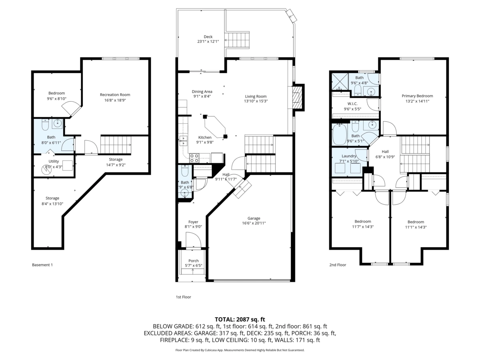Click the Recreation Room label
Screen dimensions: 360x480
[x=115, y=95]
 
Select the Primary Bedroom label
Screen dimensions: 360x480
[x=417, y=96]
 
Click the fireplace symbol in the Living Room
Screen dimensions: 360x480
[x=296, y=98]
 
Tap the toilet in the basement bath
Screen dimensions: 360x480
[x=45, y=125]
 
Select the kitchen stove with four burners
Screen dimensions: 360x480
[x=194, y=158]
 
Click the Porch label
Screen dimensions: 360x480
[x=193, y=261]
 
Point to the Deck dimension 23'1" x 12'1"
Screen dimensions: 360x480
[x=208, y=42]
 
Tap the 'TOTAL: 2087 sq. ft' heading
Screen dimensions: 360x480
[x=240, y=319]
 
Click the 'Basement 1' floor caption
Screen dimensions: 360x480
[x=42, y=265]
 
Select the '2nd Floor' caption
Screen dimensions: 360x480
[x=338, y=265]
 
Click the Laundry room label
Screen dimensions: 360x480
[x=349, y=156]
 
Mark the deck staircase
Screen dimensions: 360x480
[x=237, y=40]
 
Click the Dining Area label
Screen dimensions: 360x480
[x=202, y=92]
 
